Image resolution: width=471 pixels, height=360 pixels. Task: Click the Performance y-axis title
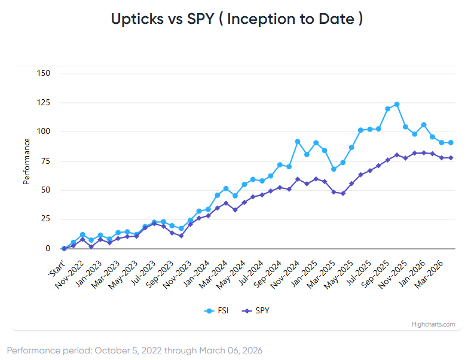click(x=26, y=161)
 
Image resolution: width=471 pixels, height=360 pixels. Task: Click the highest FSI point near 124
click(x=397, y=104)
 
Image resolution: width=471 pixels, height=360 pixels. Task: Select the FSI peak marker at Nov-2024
click(x=298, y=141)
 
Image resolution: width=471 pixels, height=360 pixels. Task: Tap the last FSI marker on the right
click(x=451, y=142)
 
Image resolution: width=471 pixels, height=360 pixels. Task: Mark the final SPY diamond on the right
click(x=451, y=158)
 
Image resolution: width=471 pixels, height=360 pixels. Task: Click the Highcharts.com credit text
click(x=433, y=324)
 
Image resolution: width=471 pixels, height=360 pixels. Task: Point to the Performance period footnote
click(x=134, y=350)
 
